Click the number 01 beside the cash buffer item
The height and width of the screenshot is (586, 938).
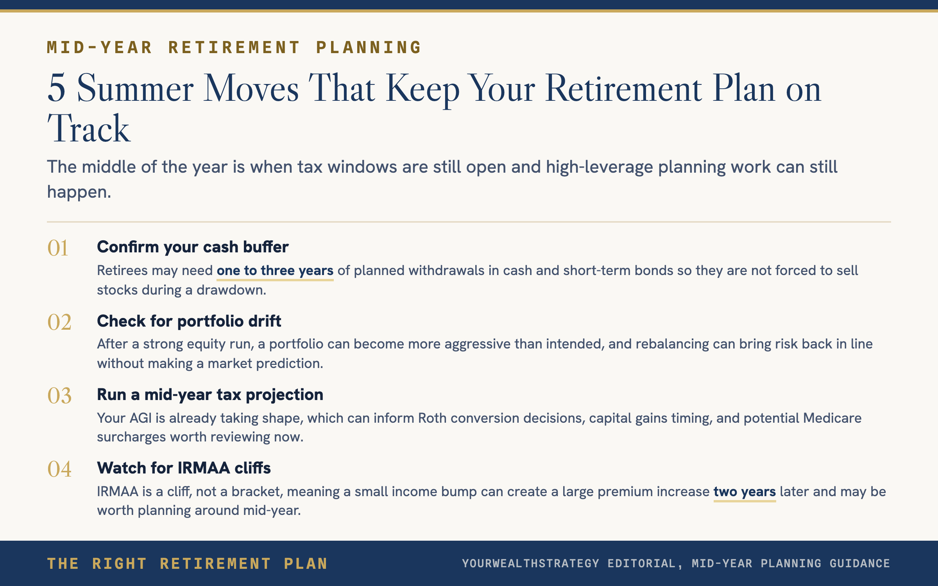(x=58, y=248)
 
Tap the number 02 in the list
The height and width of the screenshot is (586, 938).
(x=59, y=322)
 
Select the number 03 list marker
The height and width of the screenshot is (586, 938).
(x=59, y=396)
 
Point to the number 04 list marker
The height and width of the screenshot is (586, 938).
(x=59, y=469)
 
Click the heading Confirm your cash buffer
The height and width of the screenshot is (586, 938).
(x=193, y=247)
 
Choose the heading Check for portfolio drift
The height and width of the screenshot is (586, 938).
(x=189, y=321)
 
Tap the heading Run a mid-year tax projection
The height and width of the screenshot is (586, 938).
(x=210, y=395)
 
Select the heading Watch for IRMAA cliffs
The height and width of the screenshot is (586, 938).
(x=184, y=468)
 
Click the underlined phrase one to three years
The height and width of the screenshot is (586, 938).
(x=275, y=271)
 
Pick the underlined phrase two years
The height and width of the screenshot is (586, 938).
(x=745, y=492)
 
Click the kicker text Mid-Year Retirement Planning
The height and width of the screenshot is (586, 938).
(x=234, y=48)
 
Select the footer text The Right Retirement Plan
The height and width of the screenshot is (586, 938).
(x=187, y=564)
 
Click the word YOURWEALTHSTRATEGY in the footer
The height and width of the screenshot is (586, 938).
(x=531, y=563)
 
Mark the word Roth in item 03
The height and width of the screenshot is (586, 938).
(x=432, y=418)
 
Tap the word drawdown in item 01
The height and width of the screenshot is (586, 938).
(x=231, y=290)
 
